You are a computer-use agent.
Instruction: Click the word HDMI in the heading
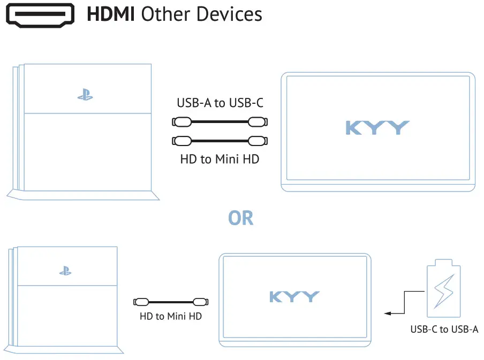click(x=111, y=14)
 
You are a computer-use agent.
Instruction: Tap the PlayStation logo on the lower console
click(x=65, y=271)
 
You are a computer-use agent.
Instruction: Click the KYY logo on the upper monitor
click(x=377, y=128)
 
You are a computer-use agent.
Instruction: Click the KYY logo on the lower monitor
click(x=294, y=296)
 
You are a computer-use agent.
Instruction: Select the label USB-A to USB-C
click(x=220, y=103)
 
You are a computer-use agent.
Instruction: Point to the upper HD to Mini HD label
click(x=220, y=159)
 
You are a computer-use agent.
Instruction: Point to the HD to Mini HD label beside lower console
click(x=171, y=316)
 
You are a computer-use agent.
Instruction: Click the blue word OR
click(x=240, y=218)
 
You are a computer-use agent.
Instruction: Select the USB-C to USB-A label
click(x=444, y=329)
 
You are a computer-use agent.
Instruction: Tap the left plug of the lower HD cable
click(x=141, y=301)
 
